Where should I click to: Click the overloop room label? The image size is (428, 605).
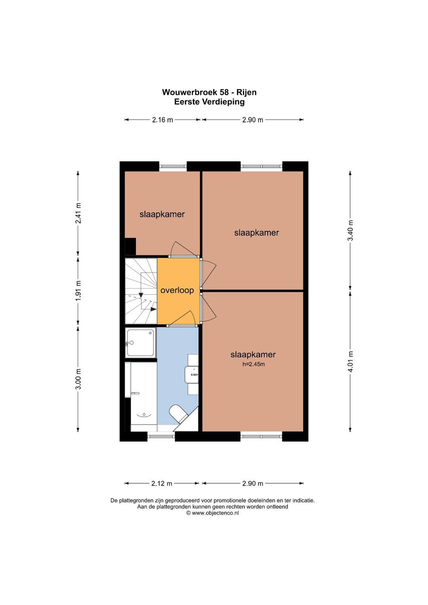tap(177, 290)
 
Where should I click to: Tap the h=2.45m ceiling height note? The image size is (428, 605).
tap(254, 364)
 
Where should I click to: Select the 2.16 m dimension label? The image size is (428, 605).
tap(162, 120)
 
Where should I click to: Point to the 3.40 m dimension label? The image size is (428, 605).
tap(350, 231)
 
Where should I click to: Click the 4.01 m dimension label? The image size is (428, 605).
tap(350, 362)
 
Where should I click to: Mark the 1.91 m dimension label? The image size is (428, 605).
tap(78, 291)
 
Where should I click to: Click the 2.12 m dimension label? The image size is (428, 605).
tap(162, 484)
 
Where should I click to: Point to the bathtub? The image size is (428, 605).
tap(144, 397)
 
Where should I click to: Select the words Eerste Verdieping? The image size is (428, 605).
tap(209, 102)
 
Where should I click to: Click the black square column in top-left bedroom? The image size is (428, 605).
tap(130, 246)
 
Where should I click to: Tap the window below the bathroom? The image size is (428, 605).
tap(161, 436)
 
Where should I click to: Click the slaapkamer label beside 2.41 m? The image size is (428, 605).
tap(162, 214)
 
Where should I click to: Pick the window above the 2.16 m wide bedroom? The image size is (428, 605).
tap(173, 166)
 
